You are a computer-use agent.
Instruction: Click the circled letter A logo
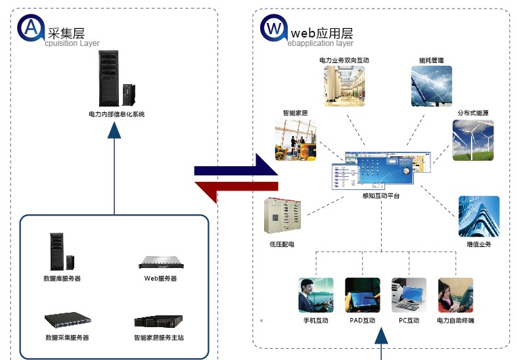point(30,28)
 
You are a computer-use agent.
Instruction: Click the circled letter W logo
point(274,28)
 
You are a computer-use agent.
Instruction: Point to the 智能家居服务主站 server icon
point(158,321)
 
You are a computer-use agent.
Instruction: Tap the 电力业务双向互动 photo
point(344,85)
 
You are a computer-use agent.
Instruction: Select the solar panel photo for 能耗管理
point(431,85)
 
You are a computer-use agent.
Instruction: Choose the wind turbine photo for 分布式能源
point(473,140)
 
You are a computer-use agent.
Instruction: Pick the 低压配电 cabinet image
point(282,216)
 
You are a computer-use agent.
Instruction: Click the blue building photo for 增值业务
point(478,216)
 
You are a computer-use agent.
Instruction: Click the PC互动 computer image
point(409,296)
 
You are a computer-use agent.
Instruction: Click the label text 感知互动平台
point(380,196)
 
